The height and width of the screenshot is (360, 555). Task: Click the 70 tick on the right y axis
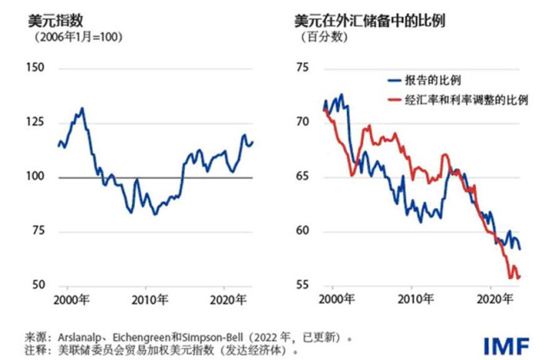tap(302, 123)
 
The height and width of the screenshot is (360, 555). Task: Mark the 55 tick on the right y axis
tap(302, 286)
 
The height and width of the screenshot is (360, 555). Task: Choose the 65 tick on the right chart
tap(302, 177)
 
